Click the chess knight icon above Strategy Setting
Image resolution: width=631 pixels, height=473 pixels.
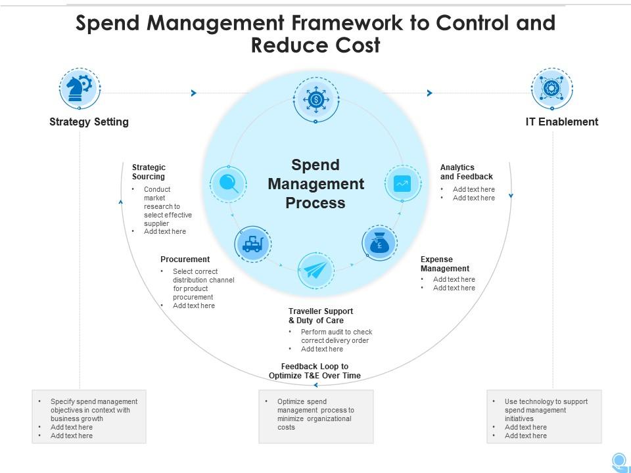pos(80,89)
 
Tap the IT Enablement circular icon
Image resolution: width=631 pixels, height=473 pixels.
pos(551,89)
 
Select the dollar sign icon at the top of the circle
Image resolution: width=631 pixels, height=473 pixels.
pos(315,99)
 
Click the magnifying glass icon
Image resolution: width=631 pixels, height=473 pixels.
pos(228,183)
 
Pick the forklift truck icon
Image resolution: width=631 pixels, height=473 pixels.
pos(252,244)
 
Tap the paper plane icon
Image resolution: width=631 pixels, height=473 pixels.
pos(315,270)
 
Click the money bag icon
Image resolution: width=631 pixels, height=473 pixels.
pos(379,243)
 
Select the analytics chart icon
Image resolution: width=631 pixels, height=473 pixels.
pos(402,183)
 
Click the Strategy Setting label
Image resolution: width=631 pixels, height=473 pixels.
pos(89,122)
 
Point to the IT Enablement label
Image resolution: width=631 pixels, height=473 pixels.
pos(562,122)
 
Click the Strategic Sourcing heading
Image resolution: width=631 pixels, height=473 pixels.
pos(149,172)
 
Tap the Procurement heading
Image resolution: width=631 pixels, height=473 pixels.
pos(185,259)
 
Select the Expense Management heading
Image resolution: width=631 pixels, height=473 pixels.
pos(445,263)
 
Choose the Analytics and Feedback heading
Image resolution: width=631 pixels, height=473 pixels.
pos(466,172)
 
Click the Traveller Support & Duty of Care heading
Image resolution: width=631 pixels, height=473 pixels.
pos(321,316)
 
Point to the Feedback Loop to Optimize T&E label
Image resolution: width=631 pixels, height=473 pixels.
pos(315,371)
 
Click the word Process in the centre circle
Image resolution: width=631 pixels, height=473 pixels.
pos(315,203)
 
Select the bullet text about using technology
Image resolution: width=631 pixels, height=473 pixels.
pos(546,410)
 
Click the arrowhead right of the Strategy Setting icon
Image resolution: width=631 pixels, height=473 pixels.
pos(193,93)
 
